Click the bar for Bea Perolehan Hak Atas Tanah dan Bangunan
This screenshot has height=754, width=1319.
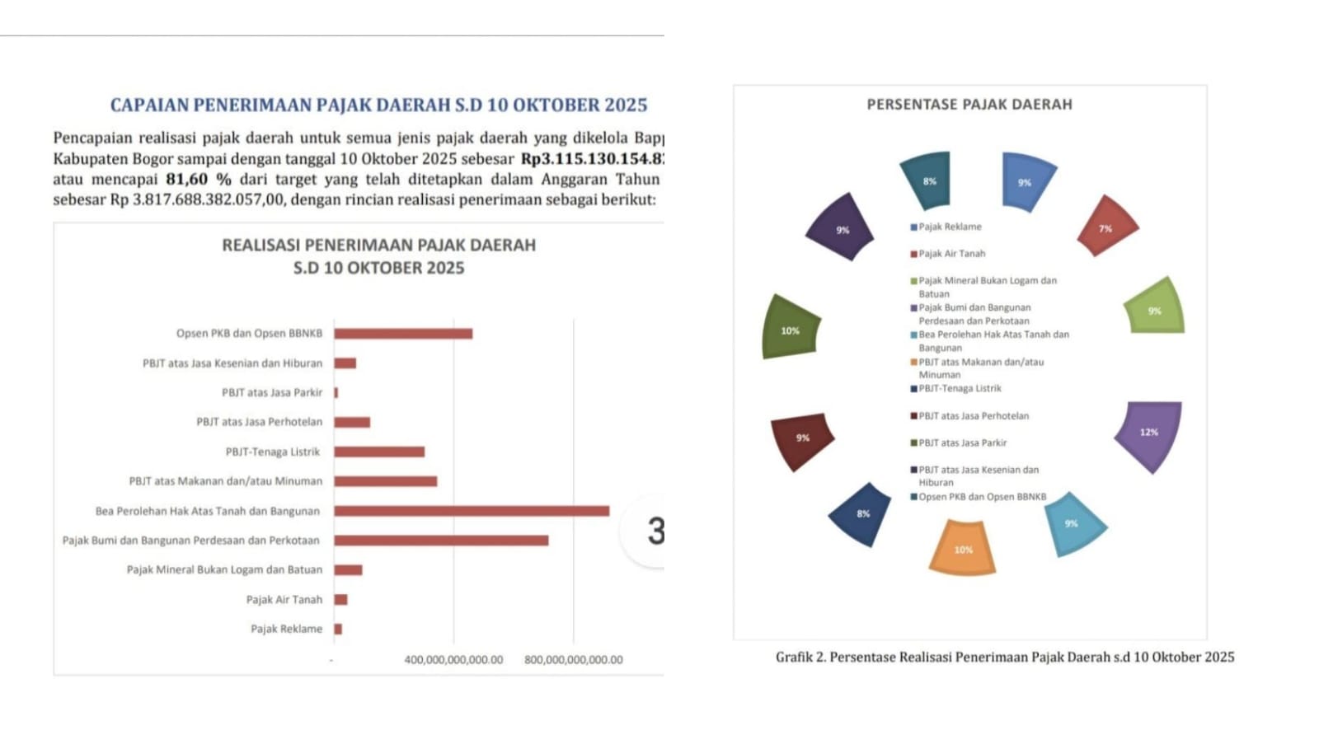coord(471,511)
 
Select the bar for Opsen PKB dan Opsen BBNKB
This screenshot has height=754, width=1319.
coord(403,334)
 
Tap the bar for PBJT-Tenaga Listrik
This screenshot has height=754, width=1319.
coord(379,452)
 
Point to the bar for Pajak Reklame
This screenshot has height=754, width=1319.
coord(338,629)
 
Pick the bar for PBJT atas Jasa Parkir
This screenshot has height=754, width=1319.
coord(336,392)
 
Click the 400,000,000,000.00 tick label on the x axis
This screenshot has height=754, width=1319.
coord(453,659)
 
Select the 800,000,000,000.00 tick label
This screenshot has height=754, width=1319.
coord(574,659)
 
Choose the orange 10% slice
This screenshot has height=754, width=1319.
coord(962,548)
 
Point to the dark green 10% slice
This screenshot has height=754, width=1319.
coord(790,329)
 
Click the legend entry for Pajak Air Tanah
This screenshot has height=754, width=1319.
coord(951,254)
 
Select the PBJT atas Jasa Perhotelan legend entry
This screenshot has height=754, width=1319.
coord(974,416)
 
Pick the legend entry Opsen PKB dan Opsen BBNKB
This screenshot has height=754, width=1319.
coord(982,497)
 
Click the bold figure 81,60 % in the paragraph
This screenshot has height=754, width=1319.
coord(199,179)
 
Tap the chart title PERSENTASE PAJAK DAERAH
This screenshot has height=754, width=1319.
coord(969,105)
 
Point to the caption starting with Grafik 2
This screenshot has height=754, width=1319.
coord(1005,657)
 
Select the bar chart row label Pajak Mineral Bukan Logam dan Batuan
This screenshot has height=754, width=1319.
coord(224,569)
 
